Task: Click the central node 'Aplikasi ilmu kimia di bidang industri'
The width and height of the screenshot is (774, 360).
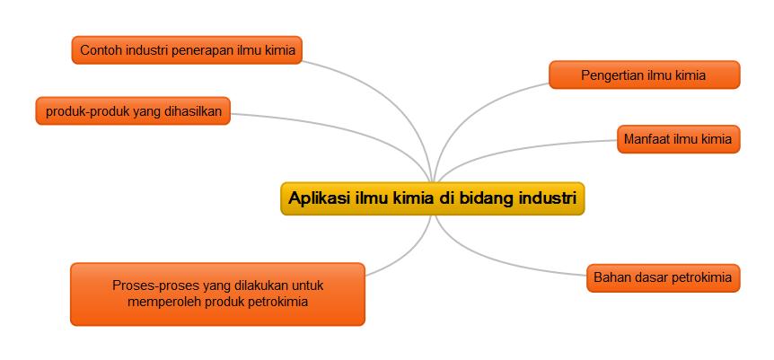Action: click(432, 198)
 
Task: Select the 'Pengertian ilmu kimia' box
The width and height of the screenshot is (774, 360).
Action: click(643, 75)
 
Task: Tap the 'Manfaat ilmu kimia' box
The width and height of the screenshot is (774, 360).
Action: click(678, 139)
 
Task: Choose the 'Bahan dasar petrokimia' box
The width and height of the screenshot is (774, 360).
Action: click(662, 277)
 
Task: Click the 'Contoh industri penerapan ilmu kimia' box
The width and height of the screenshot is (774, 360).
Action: click(187, 50)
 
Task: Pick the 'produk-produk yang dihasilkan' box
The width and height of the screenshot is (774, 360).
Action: click(133, 111)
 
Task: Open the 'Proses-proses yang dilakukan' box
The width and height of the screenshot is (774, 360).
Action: click(217, 294)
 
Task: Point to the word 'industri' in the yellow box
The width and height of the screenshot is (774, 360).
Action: click(547, 198)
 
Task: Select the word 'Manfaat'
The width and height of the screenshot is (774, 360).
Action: click(648, 139)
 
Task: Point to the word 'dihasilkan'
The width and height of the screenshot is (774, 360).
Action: click(193, 111)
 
